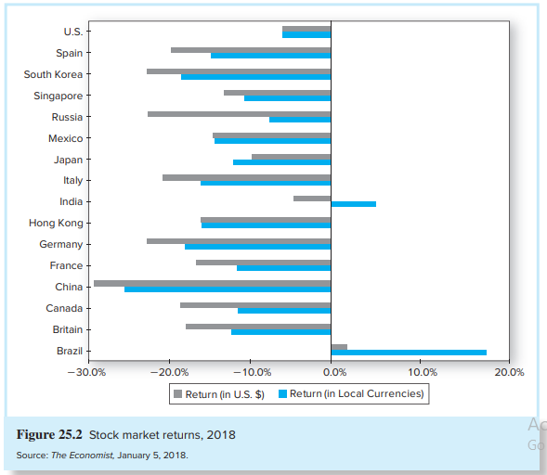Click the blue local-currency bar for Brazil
tap(409, 353)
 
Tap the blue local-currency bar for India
tap(353, 203)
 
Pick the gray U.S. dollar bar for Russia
tap(239, 114)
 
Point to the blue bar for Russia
tap(300, 120)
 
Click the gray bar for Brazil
tap(339, 347)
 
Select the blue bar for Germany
tap(257, 247)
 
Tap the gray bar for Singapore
tap(277, 93)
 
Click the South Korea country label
tap(53, 74)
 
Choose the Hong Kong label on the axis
tap(56, 223)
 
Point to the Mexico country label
tap(65, 138)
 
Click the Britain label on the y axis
tap(67, 329)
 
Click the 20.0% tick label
tap(509, 372)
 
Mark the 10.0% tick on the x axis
tap(422, 372)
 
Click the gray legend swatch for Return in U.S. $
tap(177, 394)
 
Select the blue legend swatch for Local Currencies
tap(282, 394)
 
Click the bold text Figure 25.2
tap(49, 434)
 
